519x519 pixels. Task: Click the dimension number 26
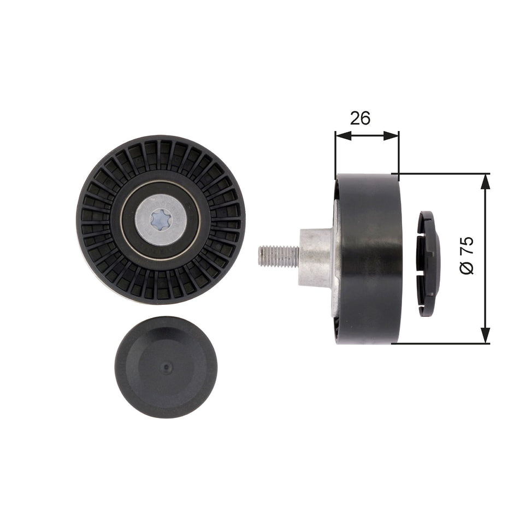[x=361, y=117]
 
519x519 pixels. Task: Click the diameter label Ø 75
[x=468, y=256]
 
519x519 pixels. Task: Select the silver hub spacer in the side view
[x=317, y=257]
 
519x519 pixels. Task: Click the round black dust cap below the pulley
[x=166, y=367]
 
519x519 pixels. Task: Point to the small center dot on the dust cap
[x=166, y=368]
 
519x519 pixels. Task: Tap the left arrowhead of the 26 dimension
[x=340, y=135]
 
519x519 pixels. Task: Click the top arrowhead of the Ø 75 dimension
[x=485, y=180]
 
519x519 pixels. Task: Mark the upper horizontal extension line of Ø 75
[x=443, y=174]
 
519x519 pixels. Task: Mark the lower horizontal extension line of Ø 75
[x=443, y=344]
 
